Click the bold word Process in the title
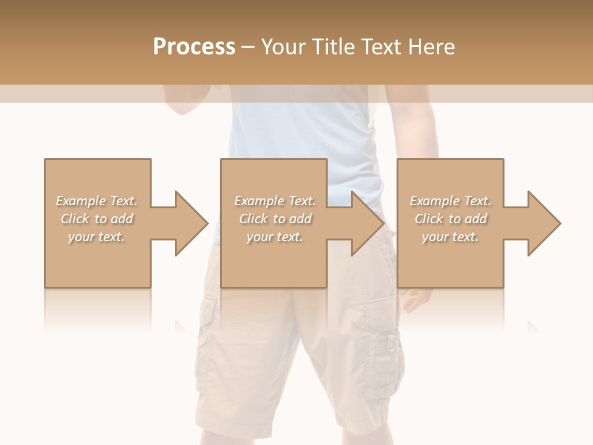(194, 47)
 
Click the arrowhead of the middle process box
(368, 223)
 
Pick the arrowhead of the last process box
(544, 223)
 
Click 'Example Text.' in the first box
(96, 201)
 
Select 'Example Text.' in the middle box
(275, 201)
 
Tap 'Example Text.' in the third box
(450, 201)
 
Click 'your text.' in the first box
(96, 237)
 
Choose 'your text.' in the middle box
(275, 237)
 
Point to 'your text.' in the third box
(450, 237)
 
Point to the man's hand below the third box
(417, 300)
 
